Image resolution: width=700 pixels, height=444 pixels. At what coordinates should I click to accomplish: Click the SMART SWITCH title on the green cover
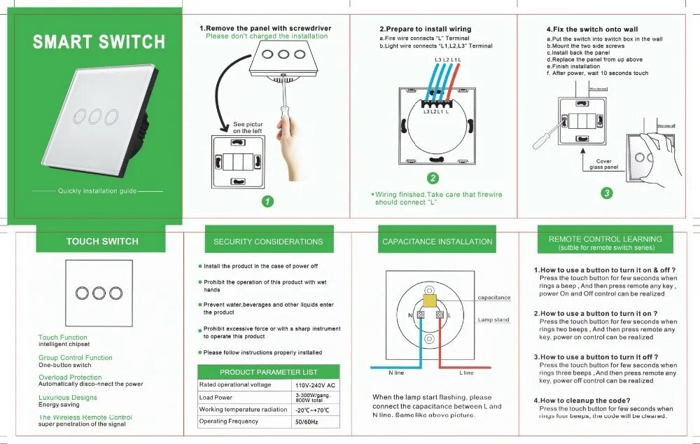99,42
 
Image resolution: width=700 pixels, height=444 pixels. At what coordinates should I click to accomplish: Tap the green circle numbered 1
267,202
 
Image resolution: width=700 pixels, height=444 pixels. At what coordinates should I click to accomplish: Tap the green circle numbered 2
433,179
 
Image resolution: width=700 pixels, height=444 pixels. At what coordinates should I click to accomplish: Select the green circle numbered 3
606,193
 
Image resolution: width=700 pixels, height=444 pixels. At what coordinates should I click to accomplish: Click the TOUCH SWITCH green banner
102,242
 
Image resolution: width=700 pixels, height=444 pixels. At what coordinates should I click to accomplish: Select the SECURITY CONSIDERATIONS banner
268,242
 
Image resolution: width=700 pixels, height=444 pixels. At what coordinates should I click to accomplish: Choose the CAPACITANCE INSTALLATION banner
437,242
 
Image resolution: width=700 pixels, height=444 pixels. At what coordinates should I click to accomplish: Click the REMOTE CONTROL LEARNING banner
605,242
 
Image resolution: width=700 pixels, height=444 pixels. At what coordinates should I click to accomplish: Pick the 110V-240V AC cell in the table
316,385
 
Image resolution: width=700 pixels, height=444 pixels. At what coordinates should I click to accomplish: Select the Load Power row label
216,397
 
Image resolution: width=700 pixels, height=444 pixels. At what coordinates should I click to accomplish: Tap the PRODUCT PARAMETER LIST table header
268,372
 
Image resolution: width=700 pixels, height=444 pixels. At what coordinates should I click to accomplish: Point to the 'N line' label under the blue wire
396,373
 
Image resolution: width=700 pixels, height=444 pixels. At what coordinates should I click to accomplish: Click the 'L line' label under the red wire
466,373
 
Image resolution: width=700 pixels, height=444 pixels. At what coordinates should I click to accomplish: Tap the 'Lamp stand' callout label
493,320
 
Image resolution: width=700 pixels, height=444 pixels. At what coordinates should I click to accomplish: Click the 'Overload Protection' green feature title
70,377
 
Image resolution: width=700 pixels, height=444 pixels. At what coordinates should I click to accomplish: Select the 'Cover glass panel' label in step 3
603,165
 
